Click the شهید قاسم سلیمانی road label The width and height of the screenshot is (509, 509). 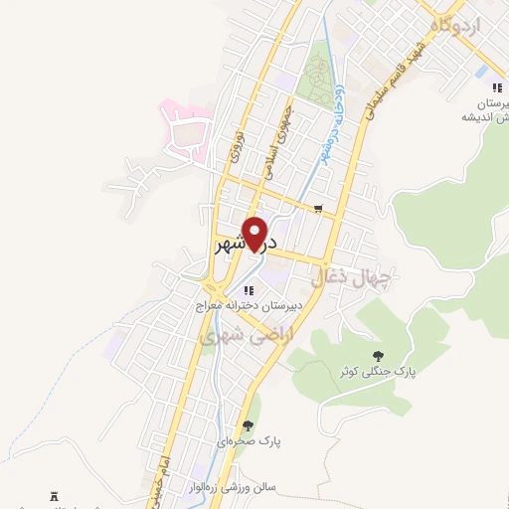tap(394, 85)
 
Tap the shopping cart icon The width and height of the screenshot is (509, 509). tap(317, 209)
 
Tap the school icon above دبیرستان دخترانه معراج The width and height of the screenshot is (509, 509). tap(249, 290)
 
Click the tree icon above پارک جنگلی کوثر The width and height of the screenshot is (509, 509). tap(377, 355)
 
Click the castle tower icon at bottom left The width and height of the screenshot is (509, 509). tap(55, 496)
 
